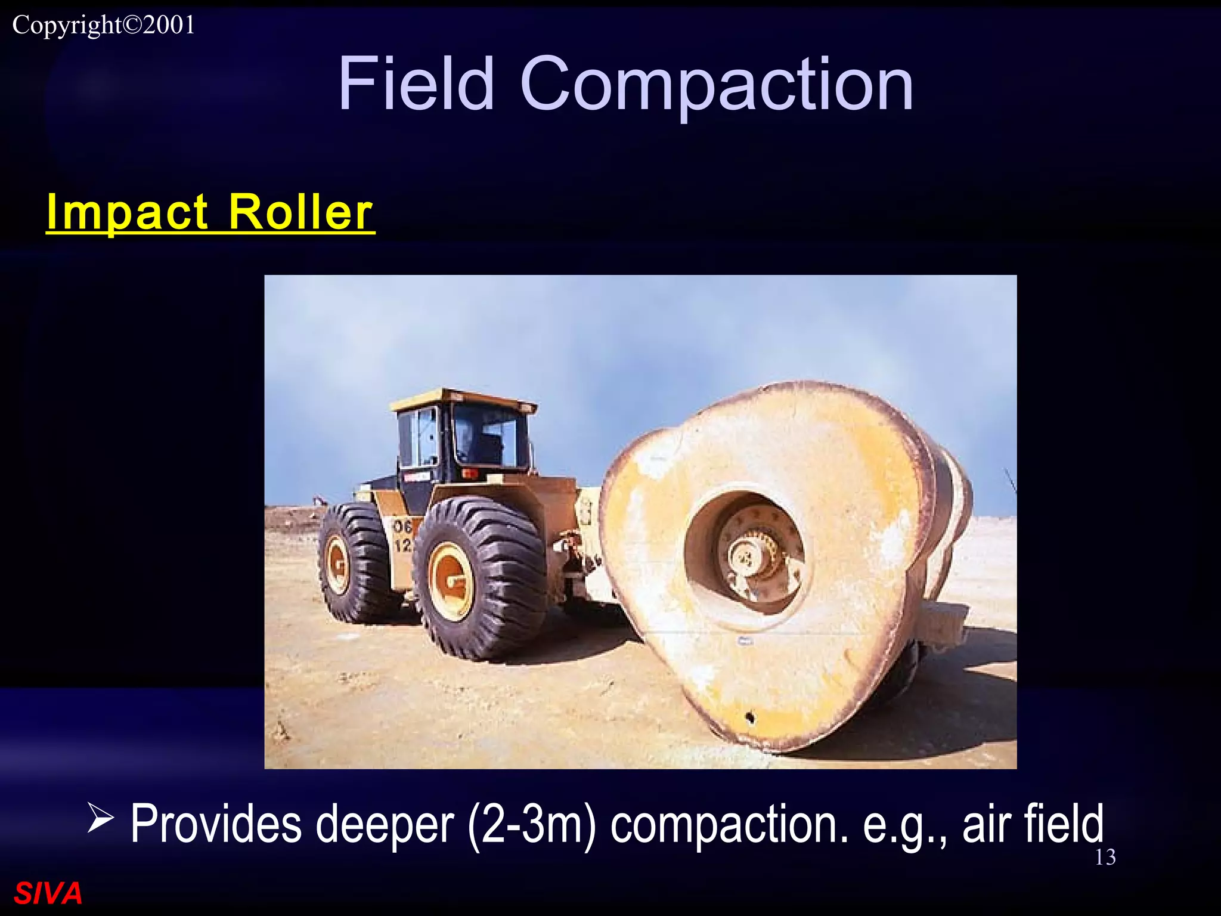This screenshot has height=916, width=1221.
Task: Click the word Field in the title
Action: click(x=416, y=83)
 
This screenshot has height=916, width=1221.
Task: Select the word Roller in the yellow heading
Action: click(x=300, y=212)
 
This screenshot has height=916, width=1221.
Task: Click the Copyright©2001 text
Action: click(x=104, y=25)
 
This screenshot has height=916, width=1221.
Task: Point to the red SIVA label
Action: click(x=48, y=893)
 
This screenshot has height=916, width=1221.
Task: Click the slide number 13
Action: click(x=1105, y=857)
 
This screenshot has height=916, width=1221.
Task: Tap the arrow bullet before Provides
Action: click(x=100, y=818)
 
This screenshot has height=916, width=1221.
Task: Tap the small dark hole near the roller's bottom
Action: click(x=750, y=716)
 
